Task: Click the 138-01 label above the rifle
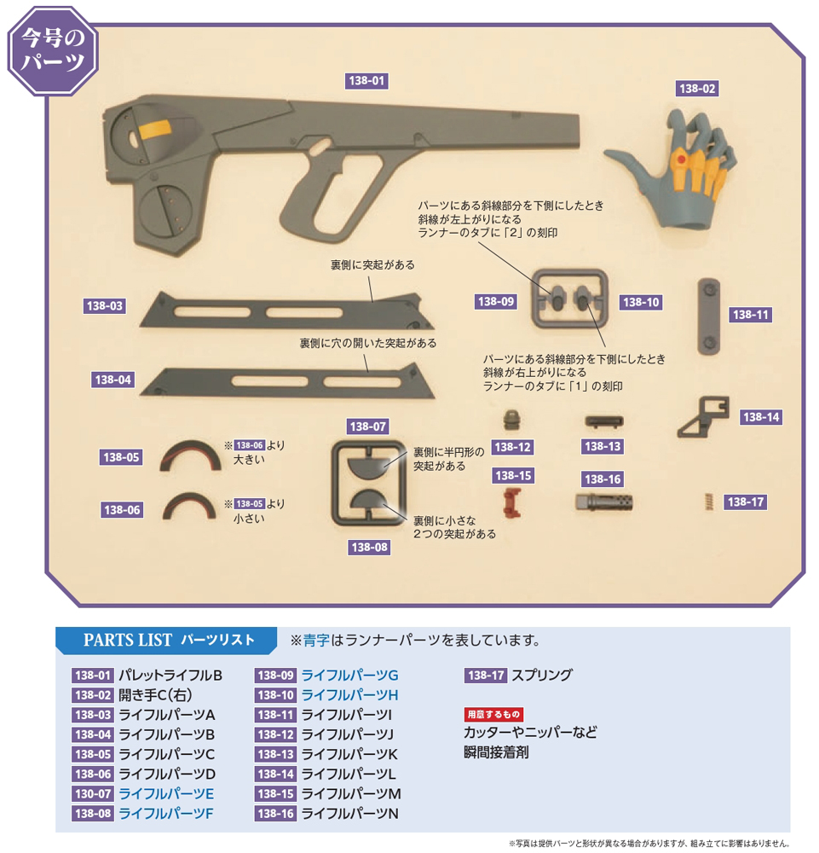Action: coord(366,80)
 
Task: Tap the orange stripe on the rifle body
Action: coord(155,130)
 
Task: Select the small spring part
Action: coord(709,502)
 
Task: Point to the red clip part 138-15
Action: coord(512,502)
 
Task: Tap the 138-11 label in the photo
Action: coord(751,315)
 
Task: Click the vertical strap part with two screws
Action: coord(709,316)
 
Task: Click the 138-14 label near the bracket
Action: coord(761,417)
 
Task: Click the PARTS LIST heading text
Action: coord(128,640)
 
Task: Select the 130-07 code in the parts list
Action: coord(93,793)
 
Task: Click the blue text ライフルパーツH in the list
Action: coord(350,695)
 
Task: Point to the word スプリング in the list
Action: coord(542,675)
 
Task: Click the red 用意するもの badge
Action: coord(493,714)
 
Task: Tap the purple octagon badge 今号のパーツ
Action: coord(53,50)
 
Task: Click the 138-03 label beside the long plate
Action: coord(104,305)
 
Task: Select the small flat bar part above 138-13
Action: coord(603,421)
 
